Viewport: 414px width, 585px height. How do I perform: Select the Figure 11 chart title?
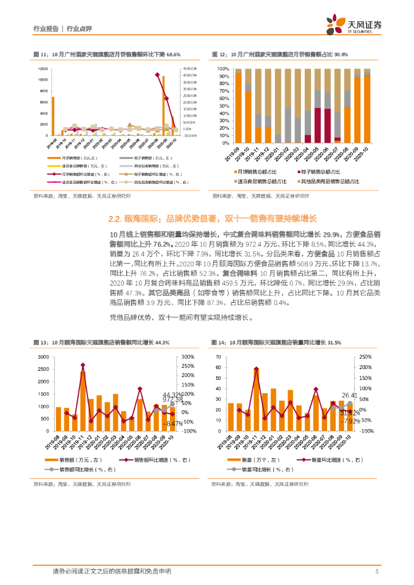(108, 54)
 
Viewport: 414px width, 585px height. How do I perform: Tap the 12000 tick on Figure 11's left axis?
(43, 69)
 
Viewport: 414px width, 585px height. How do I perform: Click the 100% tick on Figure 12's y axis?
(223, 69)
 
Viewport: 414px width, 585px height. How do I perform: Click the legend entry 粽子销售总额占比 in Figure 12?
(321, 171)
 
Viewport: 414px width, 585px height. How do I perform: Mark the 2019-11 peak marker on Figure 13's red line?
(83, 365)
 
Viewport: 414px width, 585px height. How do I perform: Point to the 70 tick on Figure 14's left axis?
(218, 357)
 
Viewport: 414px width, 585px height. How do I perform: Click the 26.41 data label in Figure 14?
(350, 395)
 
